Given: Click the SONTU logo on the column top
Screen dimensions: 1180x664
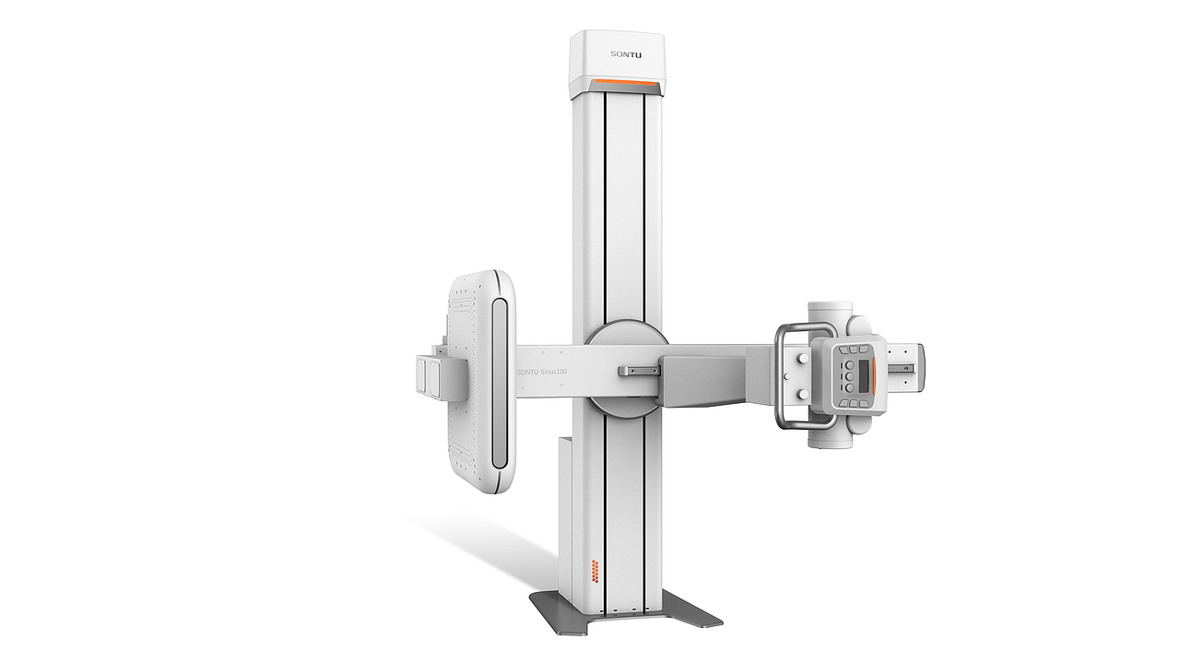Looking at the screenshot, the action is pyautogui.click(x=626, y=54).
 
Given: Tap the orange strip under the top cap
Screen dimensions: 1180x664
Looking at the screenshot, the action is pyautogui.click(x=626, y=84).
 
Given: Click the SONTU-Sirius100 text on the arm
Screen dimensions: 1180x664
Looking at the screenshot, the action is pyautogui.click(x=542, y=372).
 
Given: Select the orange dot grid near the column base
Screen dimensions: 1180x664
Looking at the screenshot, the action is pyautogui.click(x=596, y=571).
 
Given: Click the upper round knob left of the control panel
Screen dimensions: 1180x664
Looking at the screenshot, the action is pyautogui.click(x=803, y=359).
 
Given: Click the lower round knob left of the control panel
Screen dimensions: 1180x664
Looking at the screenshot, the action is pyautogui.click(x=803, y=394).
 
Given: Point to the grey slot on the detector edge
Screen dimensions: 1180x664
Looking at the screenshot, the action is pyautogui.click(x=500, y=383).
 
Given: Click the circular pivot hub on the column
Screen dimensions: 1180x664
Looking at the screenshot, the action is pyautogui.click(x=627, y=368).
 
